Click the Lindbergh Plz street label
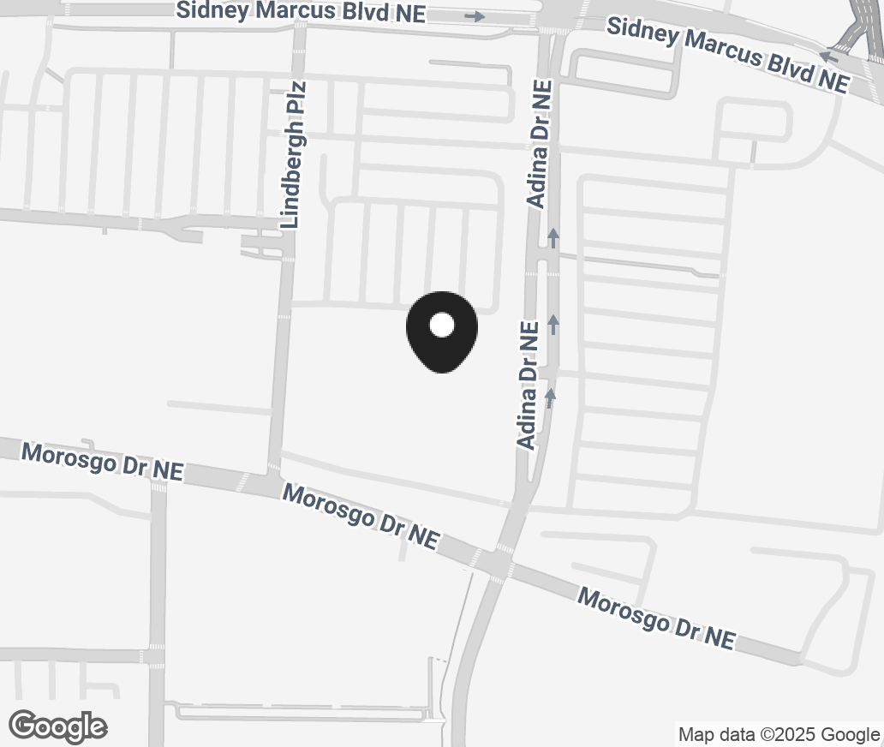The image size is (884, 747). (295, 154)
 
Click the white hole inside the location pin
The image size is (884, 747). (441, 325)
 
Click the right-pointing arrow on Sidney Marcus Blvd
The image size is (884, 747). (475, 16)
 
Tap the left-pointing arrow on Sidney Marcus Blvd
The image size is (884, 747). (827, 57)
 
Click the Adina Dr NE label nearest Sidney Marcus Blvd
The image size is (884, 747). (541, 144)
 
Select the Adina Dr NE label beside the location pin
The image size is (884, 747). (529, 385)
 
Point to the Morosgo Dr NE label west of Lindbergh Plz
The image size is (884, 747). (102, 462)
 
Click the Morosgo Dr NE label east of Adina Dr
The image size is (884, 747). (656, 618)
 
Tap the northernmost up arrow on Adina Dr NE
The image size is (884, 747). (554, 237)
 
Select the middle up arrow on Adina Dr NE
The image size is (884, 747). (553, 324)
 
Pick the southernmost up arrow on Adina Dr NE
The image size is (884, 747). (550, 397)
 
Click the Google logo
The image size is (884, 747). (58, 726)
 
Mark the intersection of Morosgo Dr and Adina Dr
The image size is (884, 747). (497, 563)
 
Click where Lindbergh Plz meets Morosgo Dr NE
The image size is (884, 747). (274, 478)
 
